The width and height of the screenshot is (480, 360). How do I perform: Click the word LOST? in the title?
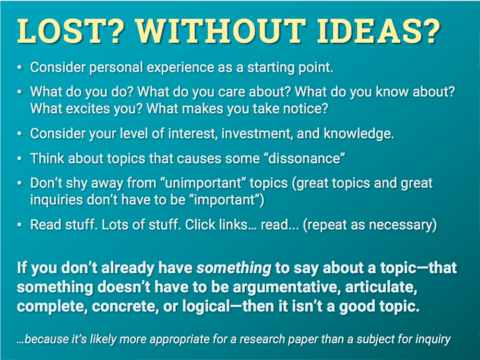[x=71, y=31]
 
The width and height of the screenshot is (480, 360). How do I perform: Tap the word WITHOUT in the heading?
[x=220, y=31]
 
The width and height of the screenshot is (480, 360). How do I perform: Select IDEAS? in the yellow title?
[x=379, y=31]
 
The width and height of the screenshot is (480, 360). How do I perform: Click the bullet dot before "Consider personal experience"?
[x=20, y=68]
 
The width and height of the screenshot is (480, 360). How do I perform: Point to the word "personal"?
[x=116, y=68]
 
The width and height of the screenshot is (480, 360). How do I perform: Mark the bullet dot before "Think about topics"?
[x=20, y=158]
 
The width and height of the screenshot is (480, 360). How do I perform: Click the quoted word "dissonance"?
[x=304, y=158]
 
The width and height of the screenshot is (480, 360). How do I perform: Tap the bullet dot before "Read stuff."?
[x=20, y=225]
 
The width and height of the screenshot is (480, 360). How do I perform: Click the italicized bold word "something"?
[x=234, y=268]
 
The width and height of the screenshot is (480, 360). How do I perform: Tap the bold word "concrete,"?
[x=125, y=306]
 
